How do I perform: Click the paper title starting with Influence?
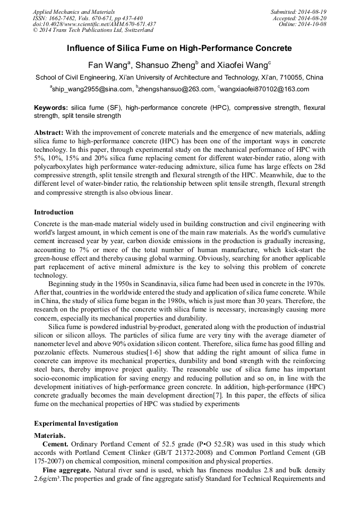(179, 48)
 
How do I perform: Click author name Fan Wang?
(106, 65)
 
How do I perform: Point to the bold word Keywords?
(52, 108)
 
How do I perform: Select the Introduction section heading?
(54, 212)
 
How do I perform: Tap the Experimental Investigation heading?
(76, 424)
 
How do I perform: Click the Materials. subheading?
(50, 435)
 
